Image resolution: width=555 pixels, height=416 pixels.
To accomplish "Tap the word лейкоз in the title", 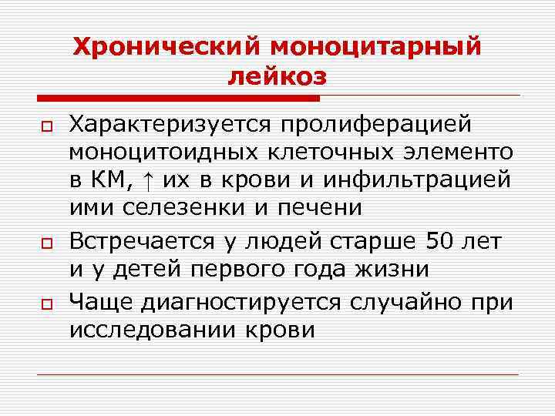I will (277, 77).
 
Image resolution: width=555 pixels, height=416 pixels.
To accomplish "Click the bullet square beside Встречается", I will (46, 243).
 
